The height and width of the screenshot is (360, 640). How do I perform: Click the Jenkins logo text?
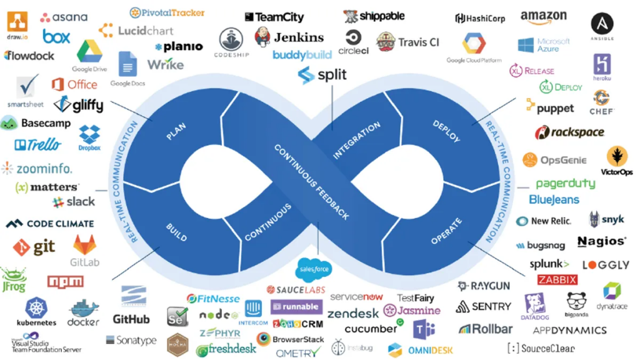point(299,37)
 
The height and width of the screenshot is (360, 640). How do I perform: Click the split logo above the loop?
point(322,76)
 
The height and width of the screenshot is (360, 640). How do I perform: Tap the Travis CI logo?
point(418,42)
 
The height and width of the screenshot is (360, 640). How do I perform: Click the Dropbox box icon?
point(89,134)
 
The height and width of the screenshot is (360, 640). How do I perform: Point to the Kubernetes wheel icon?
point(36,308)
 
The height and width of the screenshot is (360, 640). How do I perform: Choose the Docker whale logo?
point(84,309)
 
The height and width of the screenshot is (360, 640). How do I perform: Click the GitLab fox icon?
point(84,245)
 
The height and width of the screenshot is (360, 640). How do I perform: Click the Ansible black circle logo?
point(602,24)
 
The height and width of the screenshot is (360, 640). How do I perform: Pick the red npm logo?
point(66,282)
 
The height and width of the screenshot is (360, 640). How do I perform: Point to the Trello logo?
point(38,145)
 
